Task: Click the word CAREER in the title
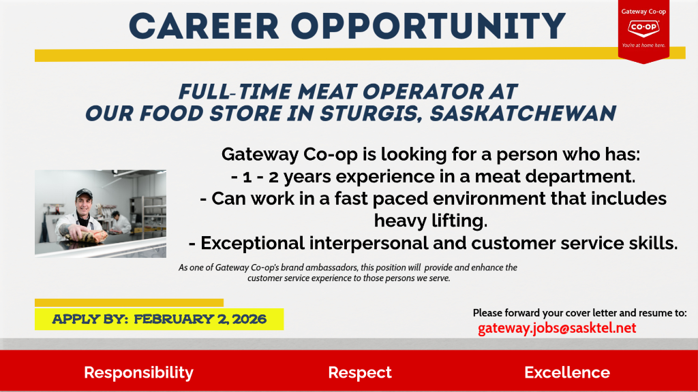[x=204, y=27]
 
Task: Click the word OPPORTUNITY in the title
[x=428, y=27]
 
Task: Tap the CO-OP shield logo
[x=643, y=28]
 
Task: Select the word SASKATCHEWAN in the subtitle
[x=523, y=114]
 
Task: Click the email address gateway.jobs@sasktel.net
[x=557, y=328]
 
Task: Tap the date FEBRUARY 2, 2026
[x=200, y=319]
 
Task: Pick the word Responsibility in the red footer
[x=138, y=372]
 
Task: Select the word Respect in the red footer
[x=360, y=372]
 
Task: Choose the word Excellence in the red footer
[x=566, y=372]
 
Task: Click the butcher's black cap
[x=84, y=193]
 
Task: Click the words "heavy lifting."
[x=431, y=220]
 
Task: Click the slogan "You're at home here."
[x=643, y=46]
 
